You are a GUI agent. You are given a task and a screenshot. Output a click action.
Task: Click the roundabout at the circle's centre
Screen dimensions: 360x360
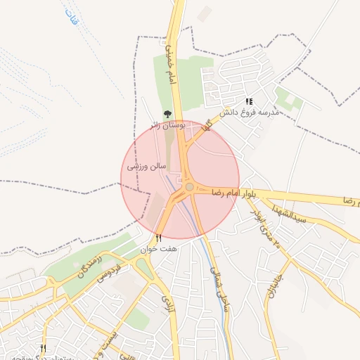click(189, 186)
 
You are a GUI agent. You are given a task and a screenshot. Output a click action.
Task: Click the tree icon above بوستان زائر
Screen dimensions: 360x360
click(167, 114)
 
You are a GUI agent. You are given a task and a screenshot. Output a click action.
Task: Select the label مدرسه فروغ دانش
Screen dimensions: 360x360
click(250, 112)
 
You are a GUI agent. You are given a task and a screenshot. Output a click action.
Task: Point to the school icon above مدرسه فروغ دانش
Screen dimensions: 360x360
click(250, 101)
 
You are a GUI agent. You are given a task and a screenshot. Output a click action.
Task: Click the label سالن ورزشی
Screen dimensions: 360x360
click(146, 167)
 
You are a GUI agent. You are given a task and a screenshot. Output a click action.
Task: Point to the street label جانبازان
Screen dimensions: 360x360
click(269, 285)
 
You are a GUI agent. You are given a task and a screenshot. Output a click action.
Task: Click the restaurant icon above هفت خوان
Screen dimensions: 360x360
click(158, 238)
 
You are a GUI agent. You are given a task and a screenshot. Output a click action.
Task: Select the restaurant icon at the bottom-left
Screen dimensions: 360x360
click(43, 348)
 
